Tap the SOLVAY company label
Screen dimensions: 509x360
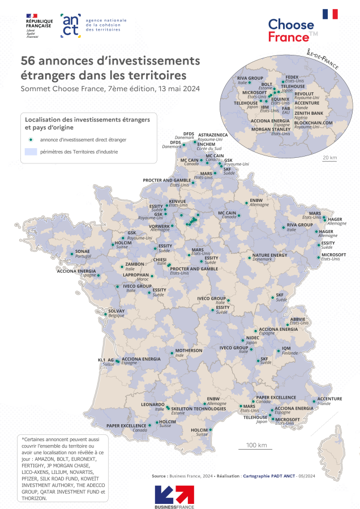[116, 310]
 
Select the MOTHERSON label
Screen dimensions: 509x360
[188, 350]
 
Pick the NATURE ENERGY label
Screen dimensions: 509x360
[269, 255]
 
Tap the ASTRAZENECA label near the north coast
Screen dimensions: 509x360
[213, 136]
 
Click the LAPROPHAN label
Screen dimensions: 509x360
[136, 275]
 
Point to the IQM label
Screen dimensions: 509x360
[286, 348]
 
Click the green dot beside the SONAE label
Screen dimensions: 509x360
[71, 254]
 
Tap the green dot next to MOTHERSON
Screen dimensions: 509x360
[172, 352]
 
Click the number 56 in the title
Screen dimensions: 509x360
[28, 61]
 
